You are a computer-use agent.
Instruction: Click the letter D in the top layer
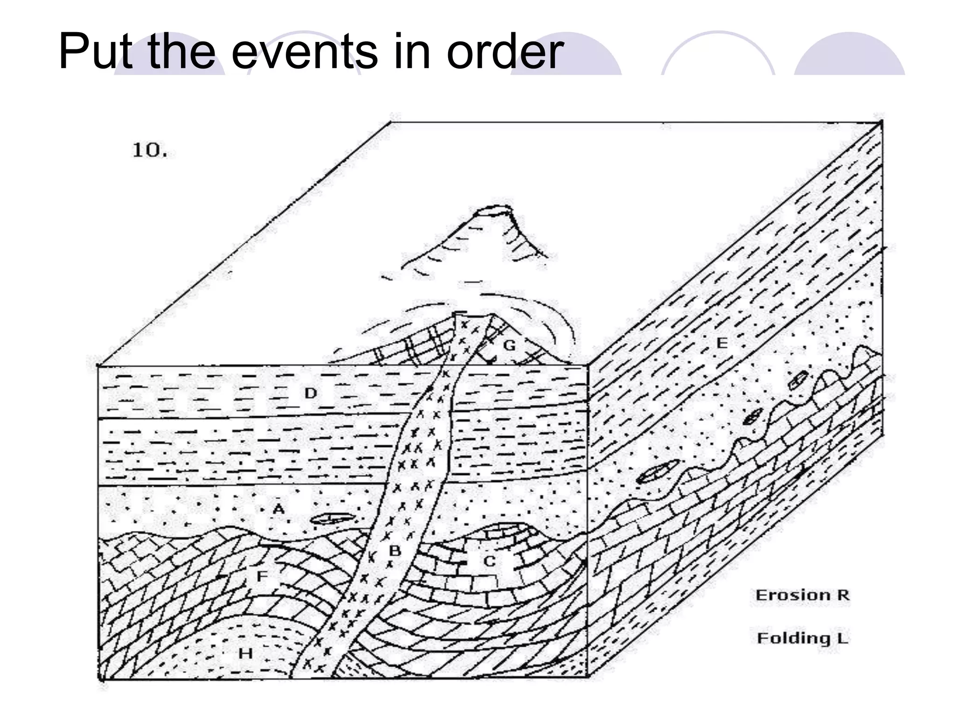coord(311,393)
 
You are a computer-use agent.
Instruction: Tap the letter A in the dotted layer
coord(278,508)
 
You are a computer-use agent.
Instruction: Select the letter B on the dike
coord(395,551)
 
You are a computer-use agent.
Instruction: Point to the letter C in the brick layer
coord(489,561)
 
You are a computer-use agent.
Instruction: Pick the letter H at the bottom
coord(246,654)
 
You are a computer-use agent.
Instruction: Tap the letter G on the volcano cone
coord(510,345)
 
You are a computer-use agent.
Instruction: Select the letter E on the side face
coord(721,343)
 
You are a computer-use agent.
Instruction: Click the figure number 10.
coord(149,150)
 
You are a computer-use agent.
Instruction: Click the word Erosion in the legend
coord(791,595)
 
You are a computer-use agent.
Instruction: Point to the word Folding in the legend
coord(793,638)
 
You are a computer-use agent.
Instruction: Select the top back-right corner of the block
coord(881,122)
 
